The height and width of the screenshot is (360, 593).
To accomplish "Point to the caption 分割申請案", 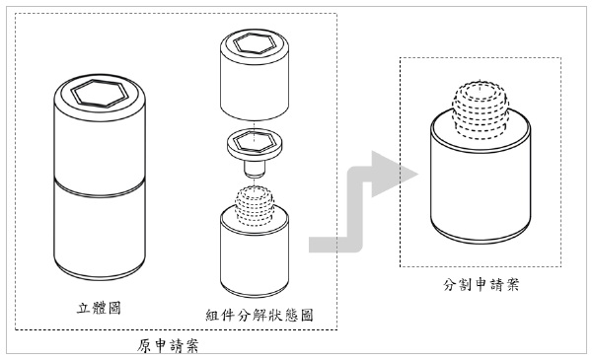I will (482, 285).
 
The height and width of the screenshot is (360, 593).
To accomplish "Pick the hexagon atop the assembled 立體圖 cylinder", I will (101, 95).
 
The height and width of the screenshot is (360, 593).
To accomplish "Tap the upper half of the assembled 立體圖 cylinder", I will (101, 143).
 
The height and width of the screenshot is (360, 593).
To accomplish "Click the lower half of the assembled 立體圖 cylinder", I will (101, 232).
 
